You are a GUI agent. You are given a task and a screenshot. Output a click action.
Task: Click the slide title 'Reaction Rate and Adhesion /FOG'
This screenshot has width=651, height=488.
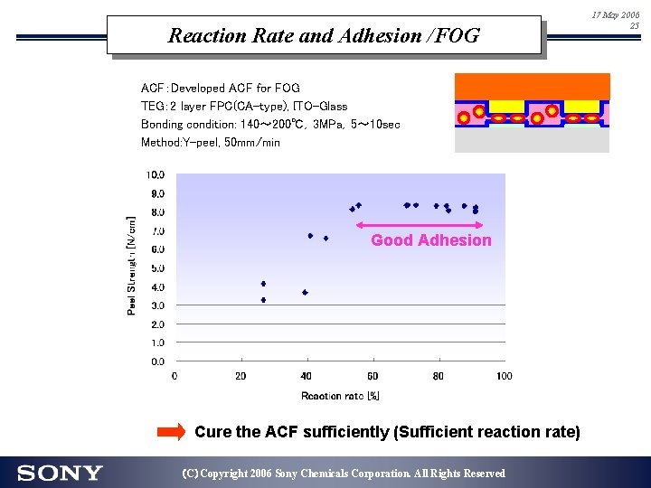tap(324, 36)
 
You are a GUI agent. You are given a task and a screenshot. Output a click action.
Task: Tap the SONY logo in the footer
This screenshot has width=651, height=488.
tap(60, 473)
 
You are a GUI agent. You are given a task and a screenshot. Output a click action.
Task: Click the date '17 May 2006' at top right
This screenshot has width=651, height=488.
tap(615, 15)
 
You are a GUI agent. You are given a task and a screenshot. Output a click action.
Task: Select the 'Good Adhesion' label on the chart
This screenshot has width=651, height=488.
tap(431, 240)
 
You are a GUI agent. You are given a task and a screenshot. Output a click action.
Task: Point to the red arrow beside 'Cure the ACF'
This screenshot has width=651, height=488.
tap(171, 432)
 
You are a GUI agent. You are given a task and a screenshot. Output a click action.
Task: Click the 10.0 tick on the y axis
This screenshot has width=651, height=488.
tap(156, 174)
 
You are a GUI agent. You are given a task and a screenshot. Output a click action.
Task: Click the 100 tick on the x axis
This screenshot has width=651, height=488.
tap(504, 376)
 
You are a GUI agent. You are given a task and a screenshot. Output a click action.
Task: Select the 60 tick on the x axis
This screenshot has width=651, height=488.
tap(373, 376)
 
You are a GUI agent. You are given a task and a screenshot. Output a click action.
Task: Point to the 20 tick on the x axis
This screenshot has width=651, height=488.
tap(241, 376)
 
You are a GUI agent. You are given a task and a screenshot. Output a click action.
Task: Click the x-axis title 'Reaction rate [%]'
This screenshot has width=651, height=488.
tap(340, 396)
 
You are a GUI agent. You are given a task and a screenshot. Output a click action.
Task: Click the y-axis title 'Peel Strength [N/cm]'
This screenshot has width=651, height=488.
tap(132, 265)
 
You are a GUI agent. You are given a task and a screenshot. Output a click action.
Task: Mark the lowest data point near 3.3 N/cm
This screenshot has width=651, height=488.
tap(263, 300)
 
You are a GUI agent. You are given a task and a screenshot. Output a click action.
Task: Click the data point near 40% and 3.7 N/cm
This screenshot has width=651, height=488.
tap(306, 293)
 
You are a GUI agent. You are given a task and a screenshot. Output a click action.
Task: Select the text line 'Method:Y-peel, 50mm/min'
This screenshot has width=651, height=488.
tap(211, 143)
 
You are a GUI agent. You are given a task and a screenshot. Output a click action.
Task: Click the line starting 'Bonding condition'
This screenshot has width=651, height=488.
tap(270, 124)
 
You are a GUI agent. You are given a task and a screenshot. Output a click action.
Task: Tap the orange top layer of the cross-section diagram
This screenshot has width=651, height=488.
tap(532, 86)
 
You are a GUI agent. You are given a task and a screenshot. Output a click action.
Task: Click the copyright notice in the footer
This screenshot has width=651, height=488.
tap(344, 474)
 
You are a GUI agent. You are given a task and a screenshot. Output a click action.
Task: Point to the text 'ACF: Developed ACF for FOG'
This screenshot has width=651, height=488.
tap(220, 89)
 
